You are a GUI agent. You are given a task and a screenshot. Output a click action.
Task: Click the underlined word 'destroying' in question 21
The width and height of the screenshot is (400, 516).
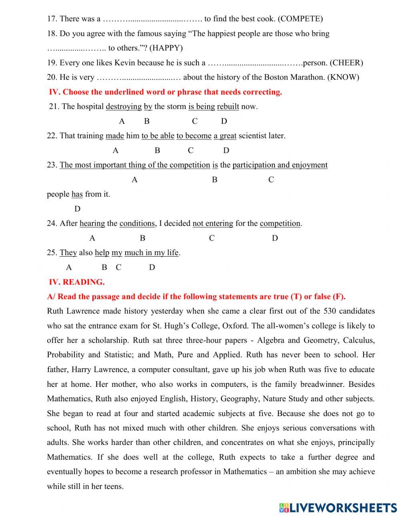pyautogui.click(x=124, y=107)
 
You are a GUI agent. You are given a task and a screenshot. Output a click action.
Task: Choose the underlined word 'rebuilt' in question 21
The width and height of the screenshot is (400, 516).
pyautogui.click(x=228, y=107)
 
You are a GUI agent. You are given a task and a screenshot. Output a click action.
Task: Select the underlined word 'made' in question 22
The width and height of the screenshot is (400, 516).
pyautogui.click(x=115, y=136)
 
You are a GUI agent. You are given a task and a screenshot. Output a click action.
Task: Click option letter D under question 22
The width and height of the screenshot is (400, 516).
pyautogui.click(x=226, y=151)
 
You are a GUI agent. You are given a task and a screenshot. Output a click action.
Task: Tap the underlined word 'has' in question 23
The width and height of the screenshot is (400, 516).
pyautogui.click(x=77, y=195)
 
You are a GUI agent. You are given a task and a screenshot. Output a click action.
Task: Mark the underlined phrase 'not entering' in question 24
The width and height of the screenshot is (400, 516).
pyautogui.click(x=213, y=224)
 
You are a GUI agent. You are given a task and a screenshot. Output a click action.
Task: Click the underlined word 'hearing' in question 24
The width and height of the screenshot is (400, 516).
pyautogui.click(x=92, y=224)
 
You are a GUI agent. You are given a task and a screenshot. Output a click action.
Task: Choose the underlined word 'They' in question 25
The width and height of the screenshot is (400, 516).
pyautogui.click(x=68, y=253)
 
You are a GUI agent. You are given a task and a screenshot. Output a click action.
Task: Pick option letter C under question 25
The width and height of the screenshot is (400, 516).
pyautogui.click(x=118, y=267)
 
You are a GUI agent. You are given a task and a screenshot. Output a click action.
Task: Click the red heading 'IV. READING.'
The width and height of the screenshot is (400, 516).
pyautogui.click(x=76, y=282)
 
